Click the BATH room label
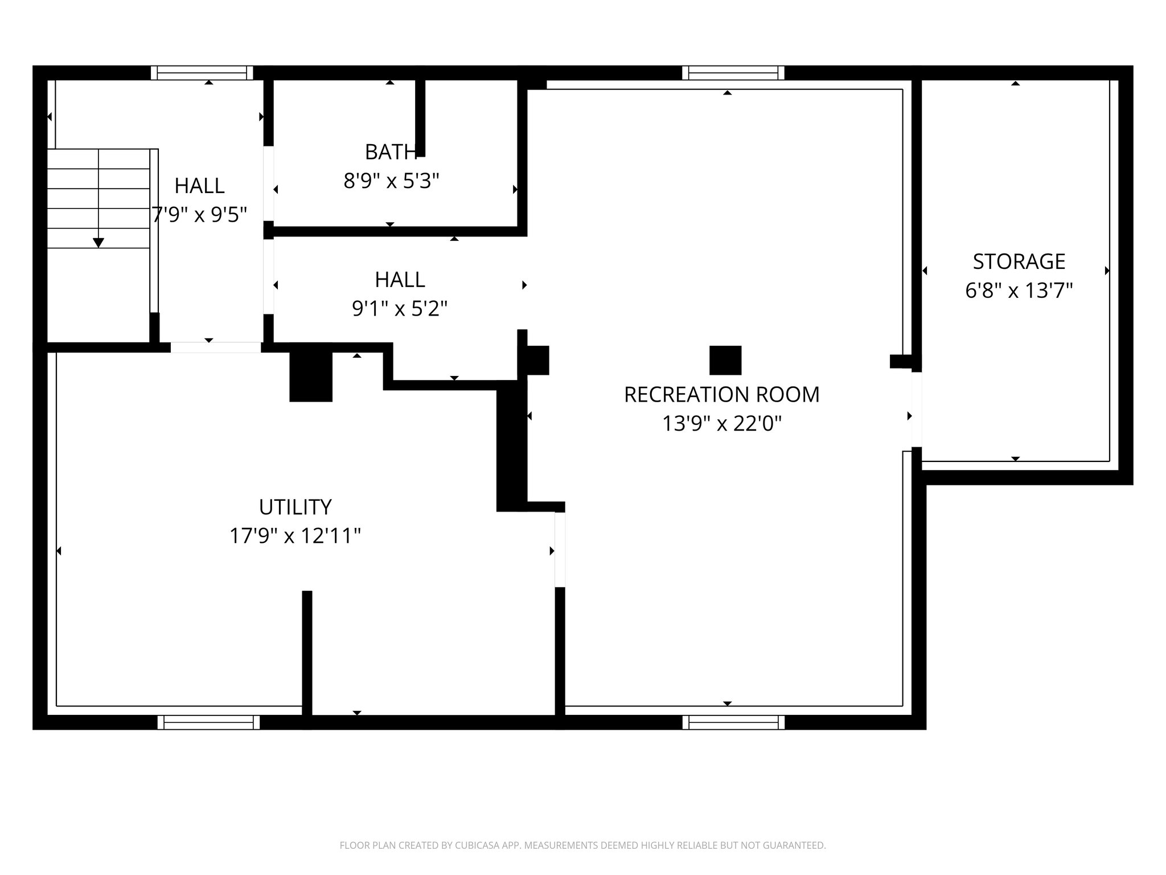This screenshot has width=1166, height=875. pos(391,152)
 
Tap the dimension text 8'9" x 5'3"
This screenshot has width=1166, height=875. pos(391,181)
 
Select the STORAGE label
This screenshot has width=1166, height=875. pos(1019,261)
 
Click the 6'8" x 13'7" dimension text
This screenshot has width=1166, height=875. pos(1019,291)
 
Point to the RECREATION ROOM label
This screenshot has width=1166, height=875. pos(721,394)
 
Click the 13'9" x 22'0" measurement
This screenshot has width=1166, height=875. pos(721,424)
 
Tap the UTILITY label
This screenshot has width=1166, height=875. pos(295,506)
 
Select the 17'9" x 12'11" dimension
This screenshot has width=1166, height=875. pos(295,536)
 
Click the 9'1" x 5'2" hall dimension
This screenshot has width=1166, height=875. pos(400,309)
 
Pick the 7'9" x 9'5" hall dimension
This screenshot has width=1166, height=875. pos(199,215)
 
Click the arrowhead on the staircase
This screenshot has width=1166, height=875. pos(98,243)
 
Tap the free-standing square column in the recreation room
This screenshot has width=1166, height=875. pos(725,360)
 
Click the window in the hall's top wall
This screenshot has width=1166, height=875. pos(202,73)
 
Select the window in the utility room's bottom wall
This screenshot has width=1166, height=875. pos(208,722)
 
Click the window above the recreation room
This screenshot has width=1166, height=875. pos(733,73)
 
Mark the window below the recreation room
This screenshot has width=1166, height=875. pos(733,722)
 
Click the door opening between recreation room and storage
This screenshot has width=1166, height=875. pos(916,409)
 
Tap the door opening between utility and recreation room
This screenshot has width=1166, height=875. pos(560,549)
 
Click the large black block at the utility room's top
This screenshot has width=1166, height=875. pos(310,376)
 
